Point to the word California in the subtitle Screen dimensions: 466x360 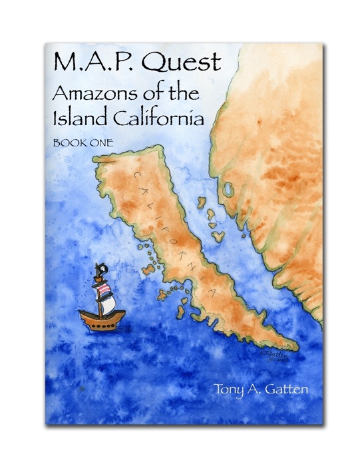tap(162, 118)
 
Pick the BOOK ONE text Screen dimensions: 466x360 tap(76, 142)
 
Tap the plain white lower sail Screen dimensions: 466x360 tap(108, 303)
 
